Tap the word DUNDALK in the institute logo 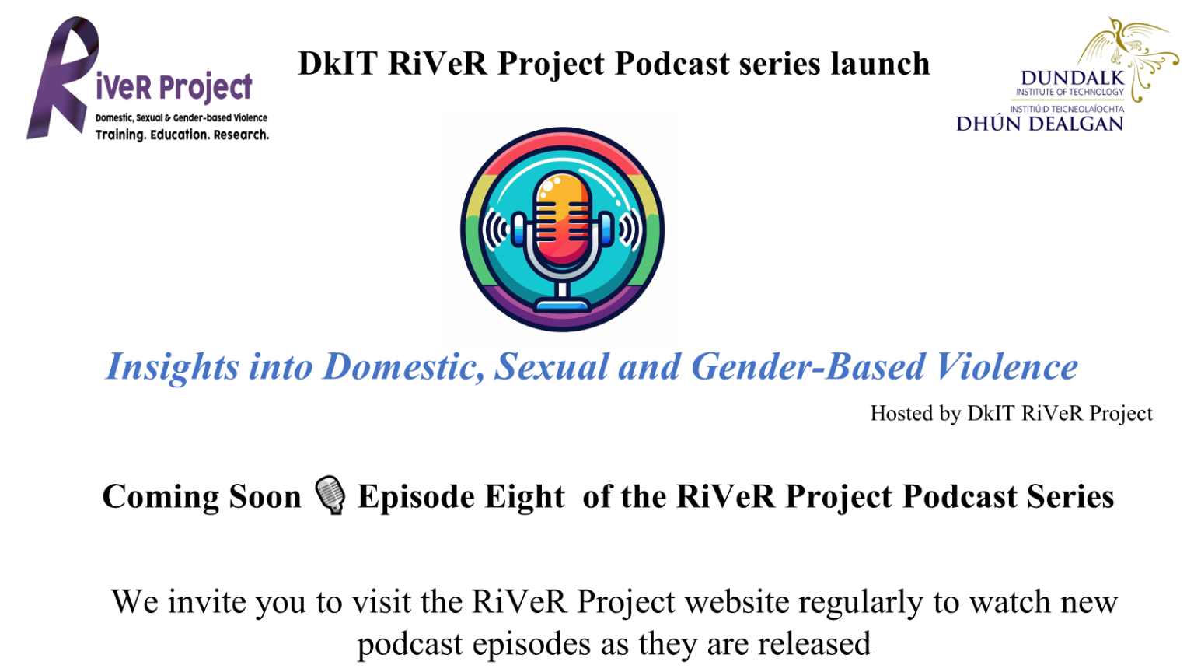click(1073, 78)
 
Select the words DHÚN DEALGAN click(1039, 124)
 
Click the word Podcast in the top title click(672, 64)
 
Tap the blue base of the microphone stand click(562, 304)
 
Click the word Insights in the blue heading click(173, 367)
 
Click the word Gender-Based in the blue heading click(808, 367)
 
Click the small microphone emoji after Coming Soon click(330, 495)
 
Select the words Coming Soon click(201, 497)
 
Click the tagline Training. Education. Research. click(182, 135)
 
